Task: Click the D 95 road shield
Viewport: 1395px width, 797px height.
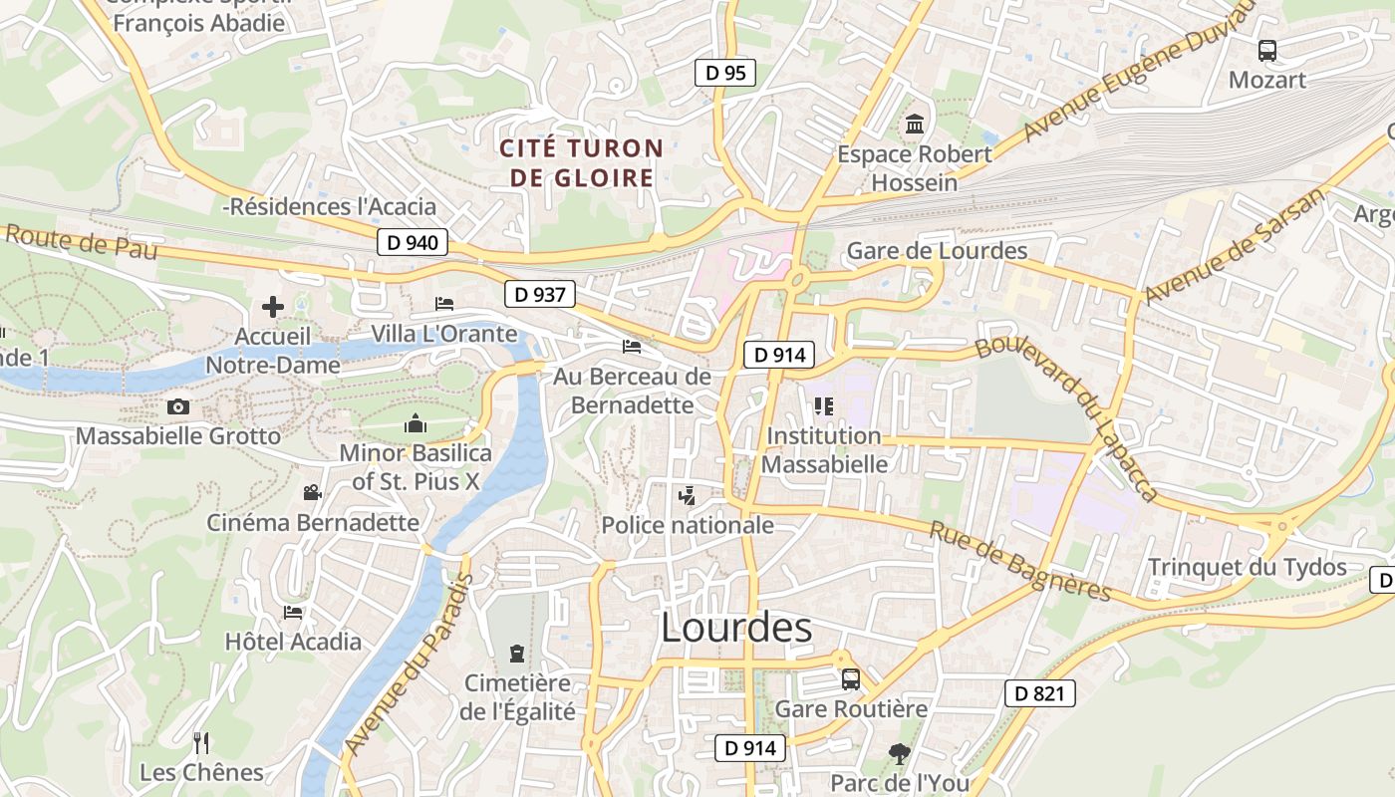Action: point(724,73)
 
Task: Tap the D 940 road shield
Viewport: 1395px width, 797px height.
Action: point(413,242)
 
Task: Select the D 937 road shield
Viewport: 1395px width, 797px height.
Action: point(539,294)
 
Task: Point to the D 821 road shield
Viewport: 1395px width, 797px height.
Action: point(1039,693)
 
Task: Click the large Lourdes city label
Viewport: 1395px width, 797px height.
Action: point(736,628)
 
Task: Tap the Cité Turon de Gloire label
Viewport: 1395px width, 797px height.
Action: point(581,163)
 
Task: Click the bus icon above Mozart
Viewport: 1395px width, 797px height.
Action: point(1266,50)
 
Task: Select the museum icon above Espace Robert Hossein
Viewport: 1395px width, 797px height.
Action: point(914,126)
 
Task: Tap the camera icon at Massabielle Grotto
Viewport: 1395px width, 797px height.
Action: point(178,406)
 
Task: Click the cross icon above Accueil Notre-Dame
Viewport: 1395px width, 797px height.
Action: point(272,307)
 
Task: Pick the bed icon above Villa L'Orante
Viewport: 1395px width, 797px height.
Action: point(444,303)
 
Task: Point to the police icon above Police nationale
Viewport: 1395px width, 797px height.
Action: point(687,495)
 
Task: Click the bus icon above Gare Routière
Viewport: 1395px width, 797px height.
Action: point(850,679)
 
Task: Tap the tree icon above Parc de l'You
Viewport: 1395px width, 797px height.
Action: point(899,754)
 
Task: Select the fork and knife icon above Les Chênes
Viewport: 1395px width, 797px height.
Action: point(201,742)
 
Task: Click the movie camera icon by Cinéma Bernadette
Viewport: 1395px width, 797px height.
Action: point(312,492)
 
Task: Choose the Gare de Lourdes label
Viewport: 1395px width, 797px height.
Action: point(937,250)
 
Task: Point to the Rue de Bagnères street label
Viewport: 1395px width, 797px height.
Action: point(1019,561)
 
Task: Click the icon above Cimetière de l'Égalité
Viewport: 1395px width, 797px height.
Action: point(516,654)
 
